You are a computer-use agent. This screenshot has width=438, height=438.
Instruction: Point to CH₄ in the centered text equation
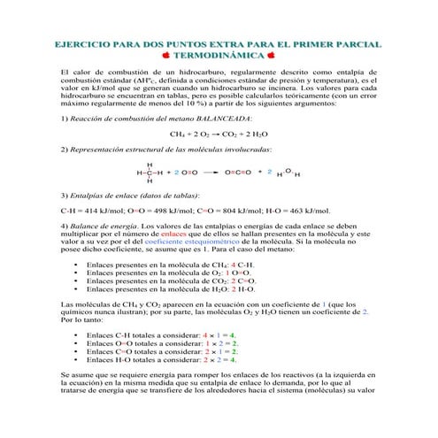(x=178, y=134)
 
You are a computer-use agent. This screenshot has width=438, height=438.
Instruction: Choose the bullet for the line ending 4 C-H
(x=77, y=265)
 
